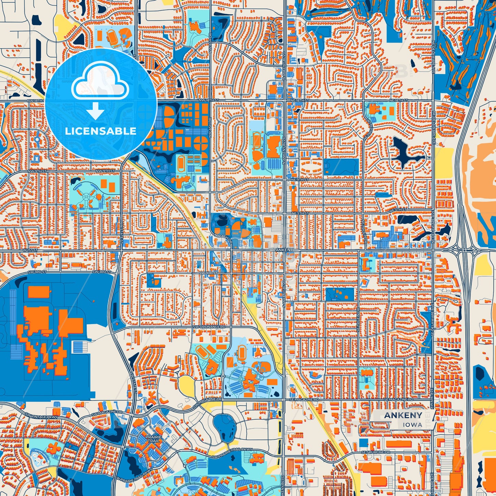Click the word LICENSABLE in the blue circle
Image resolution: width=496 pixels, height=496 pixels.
(101, 131)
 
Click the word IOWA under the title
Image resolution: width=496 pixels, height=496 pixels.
(413, 425)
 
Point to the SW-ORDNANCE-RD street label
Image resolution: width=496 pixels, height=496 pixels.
(209, 327)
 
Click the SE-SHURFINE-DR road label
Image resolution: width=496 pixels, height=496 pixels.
(377, 452)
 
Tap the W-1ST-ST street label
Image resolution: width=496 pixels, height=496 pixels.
(30, 251)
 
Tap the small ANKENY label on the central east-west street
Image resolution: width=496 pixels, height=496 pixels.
(285, 250)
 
